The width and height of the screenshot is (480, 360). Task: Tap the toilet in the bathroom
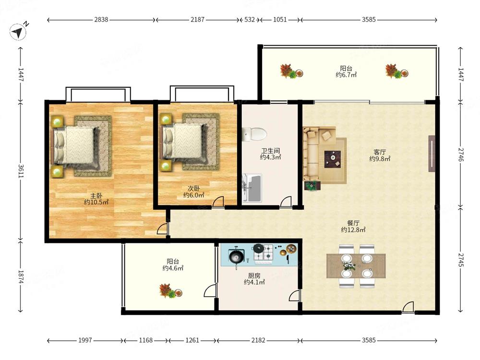[x=254, y=134]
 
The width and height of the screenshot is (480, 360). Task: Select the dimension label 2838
[x=101, y=20]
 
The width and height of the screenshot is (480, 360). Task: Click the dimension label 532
[x=250, y=20]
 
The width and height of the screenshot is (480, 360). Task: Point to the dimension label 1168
[x=146, y=340]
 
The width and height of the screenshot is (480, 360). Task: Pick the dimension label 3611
[x=21, y=171]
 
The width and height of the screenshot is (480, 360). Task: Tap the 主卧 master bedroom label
[x=96, y=196]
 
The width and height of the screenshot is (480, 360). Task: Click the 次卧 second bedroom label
[x=193, y=189]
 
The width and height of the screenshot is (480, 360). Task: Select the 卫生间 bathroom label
[x=270, y=151]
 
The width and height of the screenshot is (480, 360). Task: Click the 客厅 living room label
[x=380, y=152]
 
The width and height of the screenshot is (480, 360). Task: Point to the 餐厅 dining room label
[x=353, y=223]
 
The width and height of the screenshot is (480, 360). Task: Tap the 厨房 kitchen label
[x=254, y=276]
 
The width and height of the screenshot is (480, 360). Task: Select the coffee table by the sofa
[x=333, y=159]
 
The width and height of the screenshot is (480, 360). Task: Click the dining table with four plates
[x=356, y=266]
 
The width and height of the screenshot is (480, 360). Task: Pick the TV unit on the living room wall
[x=432, y=154]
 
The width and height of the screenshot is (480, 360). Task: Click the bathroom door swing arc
[x=286, y=201]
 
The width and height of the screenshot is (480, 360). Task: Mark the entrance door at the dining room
[x=408, y=307]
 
